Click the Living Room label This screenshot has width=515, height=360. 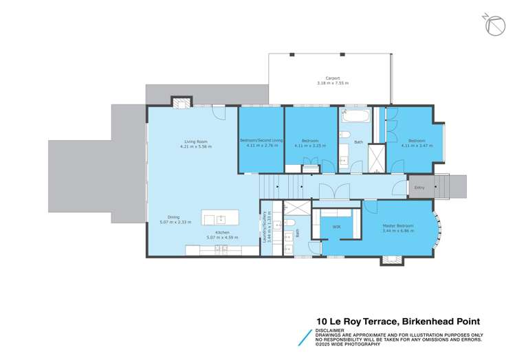(x=195, y=141)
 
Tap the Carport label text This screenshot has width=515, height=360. (x=333, y=78)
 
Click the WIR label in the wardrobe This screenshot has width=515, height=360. (x=336, y=225)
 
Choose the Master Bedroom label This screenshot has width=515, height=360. (x=398, y=225)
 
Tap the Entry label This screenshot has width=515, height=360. (x=419, y=187)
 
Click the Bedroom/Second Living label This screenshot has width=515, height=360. (x=261, y=141)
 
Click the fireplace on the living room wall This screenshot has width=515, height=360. (x=181, y=103)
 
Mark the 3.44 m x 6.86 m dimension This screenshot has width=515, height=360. (x=398, y=230)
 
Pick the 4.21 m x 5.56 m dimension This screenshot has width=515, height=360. (x=195, y=146)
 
